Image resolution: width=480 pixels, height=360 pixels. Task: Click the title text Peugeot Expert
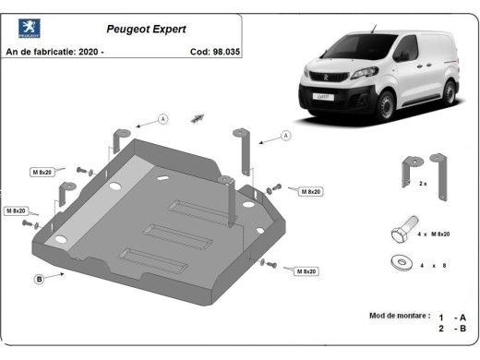pyautogui.click(x=141, y=28)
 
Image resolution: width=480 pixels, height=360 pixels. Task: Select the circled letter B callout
pyautogui.click(x=40, y=278)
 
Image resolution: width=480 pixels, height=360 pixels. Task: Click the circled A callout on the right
pyautogui.click(x=285, y=136)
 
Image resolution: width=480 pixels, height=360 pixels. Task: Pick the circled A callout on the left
pyautogui.click(x=163, y=119)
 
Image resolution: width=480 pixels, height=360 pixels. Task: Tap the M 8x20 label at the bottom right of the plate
pyautogui.click(x=307, y=270)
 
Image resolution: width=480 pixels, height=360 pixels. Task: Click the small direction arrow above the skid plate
pyautogui.click(x=197, y=118)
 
